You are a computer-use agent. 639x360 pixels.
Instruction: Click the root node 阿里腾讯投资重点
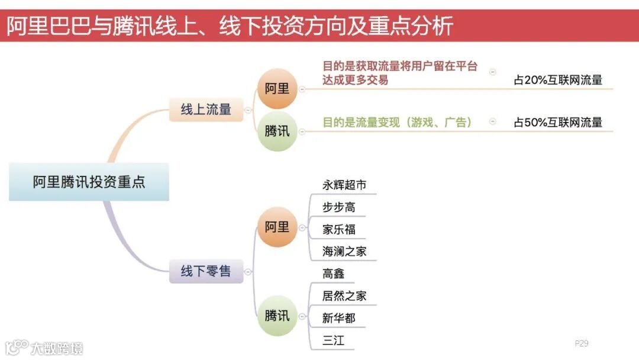coord(89,182)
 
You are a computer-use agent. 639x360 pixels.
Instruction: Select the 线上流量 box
coord(206,110)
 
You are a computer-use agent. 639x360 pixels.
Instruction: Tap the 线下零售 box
coord(206,271)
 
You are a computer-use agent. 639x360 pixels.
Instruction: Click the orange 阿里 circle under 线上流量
coord(277,89)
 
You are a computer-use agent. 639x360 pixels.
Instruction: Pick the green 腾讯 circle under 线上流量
coord(277,131)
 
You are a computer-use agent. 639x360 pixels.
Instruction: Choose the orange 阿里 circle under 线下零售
coord(277,227)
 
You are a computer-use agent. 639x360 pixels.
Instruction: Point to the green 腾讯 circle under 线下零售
coord(277,316)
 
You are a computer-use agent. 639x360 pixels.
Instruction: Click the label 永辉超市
coord(344,185)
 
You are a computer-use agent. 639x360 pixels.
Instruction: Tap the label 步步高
coord(339,207)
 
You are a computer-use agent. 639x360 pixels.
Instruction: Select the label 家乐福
coord(339,229)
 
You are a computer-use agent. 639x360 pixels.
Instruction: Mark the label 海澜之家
coord(344,251)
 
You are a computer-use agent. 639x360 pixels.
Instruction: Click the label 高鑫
coord(334,274)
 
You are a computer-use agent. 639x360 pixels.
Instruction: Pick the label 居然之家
coord(344,295)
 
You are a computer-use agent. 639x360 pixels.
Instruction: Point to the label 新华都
coord(339,318)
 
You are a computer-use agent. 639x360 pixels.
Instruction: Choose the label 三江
coord(334,340)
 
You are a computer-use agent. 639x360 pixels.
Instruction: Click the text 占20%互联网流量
coord(558,80)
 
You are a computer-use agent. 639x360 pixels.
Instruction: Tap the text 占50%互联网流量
coord(558,123)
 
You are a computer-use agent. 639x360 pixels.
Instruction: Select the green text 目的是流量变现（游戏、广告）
coord(397,122)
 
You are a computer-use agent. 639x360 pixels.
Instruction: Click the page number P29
coord(581,343)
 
